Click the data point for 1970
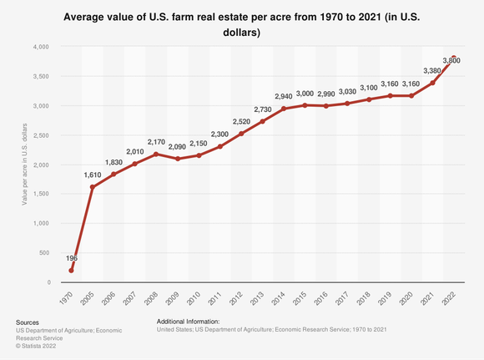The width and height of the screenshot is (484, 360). point(71,271)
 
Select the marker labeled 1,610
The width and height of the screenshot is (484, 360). point(92,187)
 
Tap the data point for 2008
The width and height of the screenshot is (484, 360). point(156,155)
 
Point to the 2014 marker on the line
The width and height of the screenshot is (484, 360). point(284,109)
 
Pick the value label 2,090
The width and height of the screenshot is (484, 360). point(177,147)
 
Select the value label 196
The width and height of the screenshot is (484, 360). point(71,258)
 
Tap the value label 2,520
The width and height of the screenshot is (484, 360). point(241,122)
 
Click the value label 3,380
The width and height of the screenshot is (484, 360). point(432,71)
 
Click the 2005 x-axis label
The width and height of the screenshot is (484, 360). point(92,300)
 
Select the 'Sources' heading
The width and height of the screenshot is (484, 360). point(29,321)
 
